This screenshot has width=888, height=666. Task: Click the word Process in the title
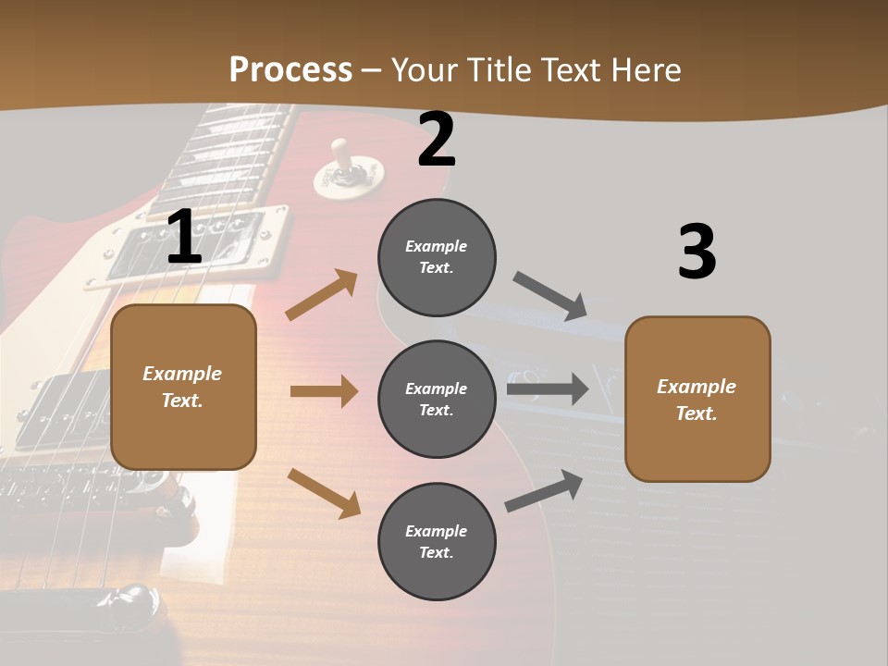coord(290,70)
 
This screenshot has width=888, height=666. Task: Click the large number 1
coord(184,237)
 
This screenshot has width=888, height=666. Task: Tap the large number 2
coord(437,140)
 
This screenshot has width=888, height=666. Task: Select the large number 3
coord(697,253)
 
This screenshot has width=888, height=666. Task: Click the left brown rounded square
coord(183,387)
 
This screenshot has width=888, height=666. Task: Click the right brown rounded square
coord(697,399)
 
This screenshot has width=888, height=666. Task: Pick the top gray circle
coord(437,256)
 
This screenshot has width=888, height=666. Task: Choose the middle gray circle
coord(437,399)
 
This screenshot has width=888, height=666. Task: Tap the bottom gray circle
coord(437,541)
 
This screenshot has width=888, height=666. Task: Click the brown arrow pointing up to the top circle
coord(322,295)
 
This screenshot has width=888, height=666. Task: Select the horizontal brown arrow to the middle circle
coord(324,391)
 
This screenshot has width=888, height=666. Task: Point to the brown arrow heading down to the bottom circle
coord(324,493)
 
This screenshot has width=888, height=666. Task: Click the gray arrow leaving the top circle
coord(550,295)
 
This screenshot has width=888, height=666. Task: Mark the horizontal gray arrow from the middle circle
coord(548,388)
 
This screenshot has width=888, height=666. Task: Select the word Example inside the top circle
coord(437,246)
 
